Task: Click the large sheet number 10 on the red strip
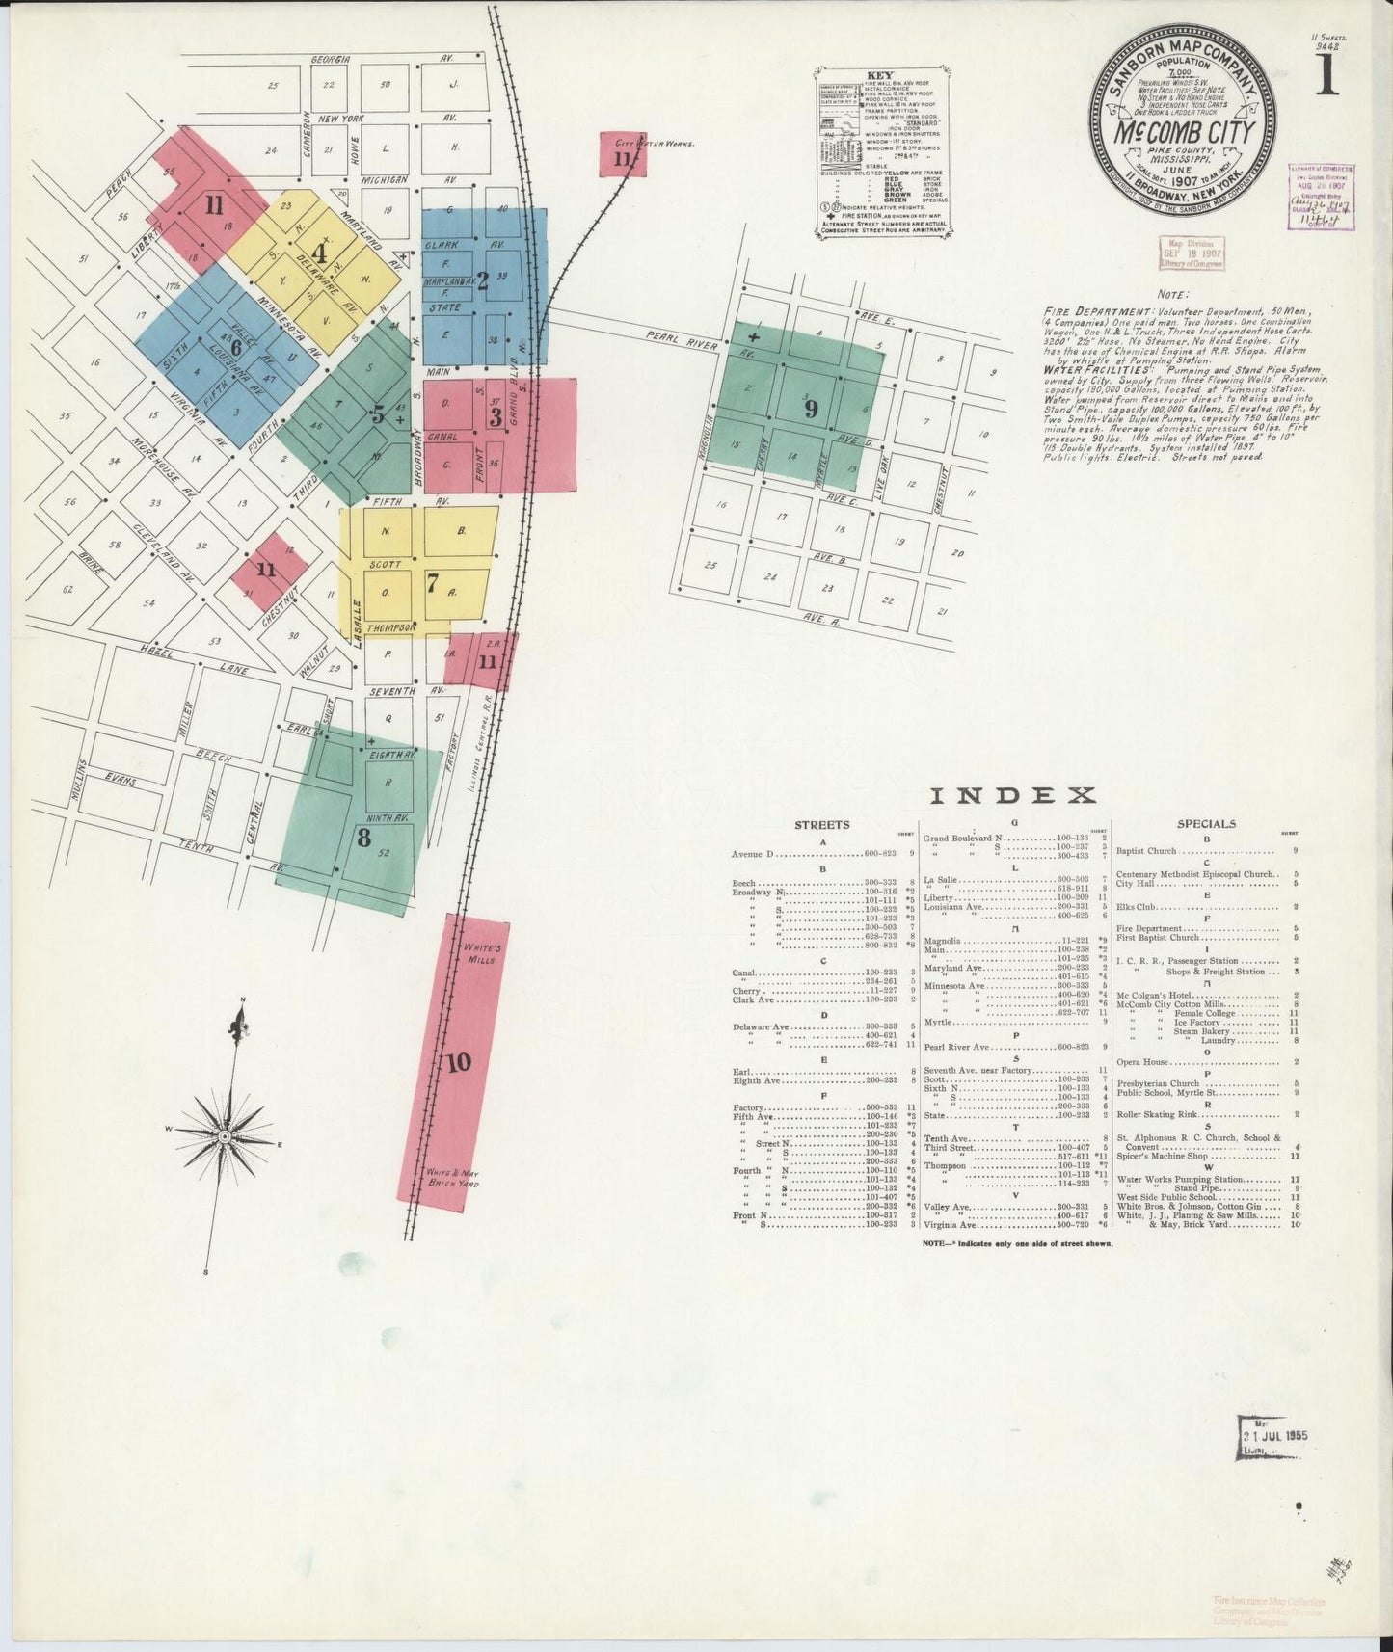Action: (459, 1062)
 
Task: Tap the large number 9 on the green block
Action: (812, 409)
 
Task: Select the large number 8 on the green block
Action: (363, 837)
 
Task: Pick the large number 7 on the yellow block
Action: (432, 581)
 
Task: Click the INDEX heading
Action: (1012, 795)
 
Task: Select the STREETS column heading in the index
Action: (821, 825)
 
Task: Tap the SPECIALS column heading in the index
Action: (1206, 824)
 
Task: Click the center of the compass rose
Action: (225, 1137)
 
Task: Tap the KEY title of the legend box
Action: (879, 75)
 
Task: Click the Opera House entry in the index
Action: (1142, 1062)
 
